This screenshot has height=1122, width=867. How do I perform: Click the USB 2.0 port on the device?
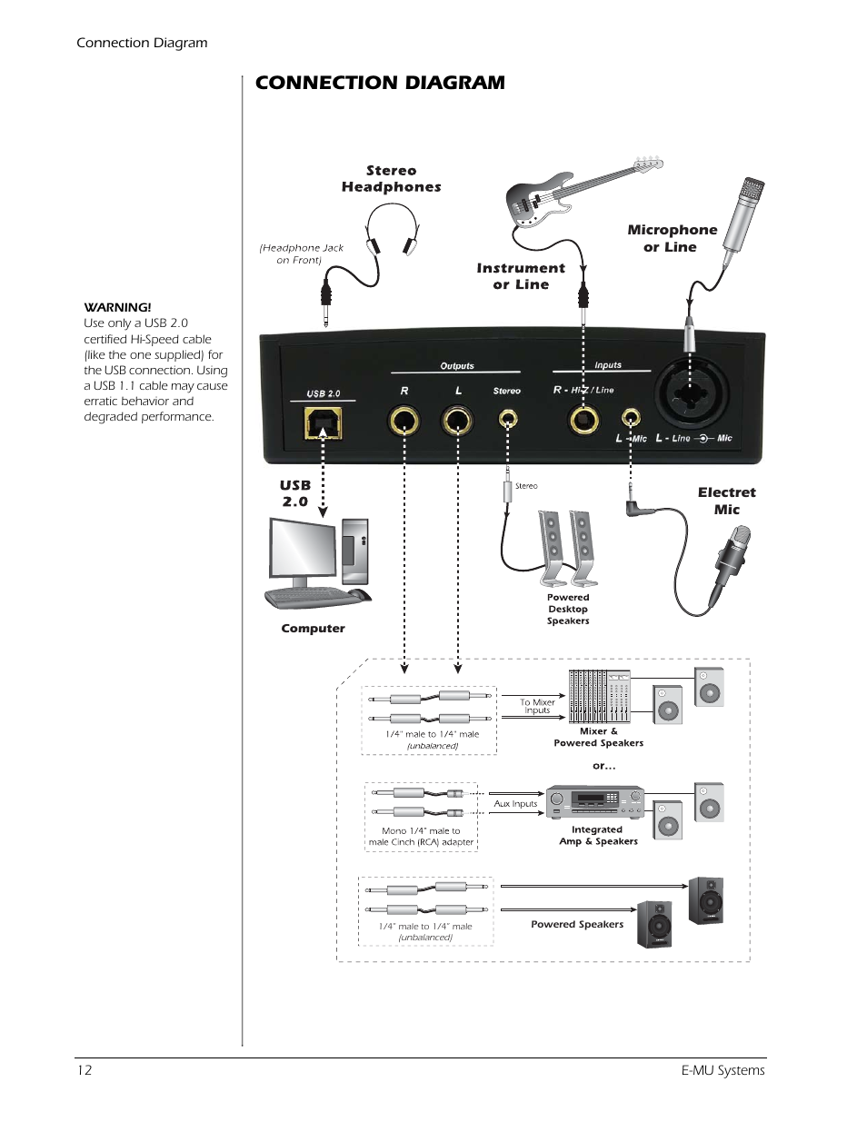pos(323,422)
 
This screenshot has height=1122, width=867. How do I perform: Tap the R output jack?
pos(404,421)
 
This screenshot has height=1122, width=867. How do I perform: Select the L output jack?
pos(457,421)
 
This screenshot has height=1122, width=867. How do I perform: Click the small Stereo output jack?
pos(508,419)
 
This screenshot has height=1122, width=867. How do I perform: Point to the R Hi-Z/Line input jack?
pos(583,420)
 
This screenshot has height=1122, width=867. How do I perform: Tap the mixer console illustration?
pos(599,696)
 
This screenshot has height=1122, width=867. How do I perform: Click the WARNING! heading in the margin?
pos(117,307)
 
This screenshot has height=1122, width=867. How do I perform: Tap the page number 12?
pos(85,1070)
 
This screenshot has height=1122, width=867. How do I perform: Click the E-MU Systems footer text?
pos(722,1070)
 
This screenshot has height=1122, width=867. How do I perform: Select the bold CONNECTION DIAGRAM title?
pos(380,83)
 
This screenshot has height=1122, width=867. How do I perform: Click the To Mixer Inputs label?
pos(537,706)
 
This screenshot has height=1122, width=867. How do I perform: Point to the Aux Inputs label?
pos(515,804)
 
